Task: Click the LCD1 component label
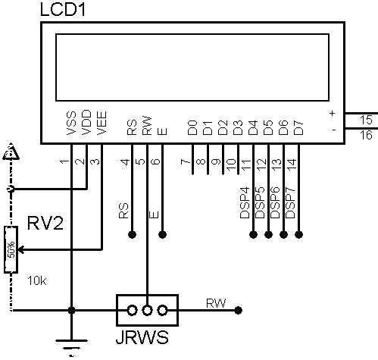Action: (63, 10)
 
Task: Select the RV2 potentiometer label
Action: (45, 223)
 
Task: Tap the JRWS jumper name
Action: (142, 337)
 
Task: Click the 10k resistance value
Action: (37, 280)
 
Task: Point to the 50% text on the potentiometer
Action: (11, 249)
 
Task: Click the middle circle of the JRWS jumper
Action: (147, 310)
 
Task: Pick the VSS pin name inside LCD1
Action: (71, 124)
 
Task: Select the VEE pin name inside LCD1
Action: (102, 123)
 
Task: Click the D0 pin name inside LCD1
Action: (192, 127)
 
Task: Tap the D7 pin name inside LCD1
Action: (298, 128)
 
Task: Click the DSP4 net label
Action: (245, 202)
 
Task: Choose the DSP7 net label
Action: (290, 202)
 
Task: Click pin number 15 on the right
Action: (366, 120)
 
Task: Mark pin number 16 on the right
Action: (366, 135)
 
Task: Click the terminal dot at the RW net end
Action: (239, 310)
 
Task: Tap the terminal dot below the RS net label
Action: (132, 235)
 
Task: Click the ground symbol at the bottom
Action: (71, 347)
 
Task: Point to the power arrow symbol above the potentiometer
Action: (11, 153)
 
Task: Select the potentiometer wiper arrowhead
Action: (21, 250)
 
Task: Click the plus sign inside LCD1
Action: (333, 114)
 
